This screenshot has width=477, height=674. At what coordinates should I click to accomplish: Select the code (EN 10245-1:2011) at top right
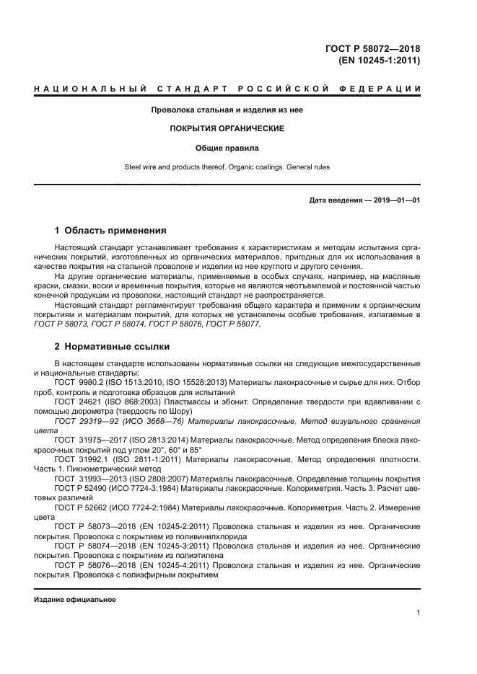click(379, 61)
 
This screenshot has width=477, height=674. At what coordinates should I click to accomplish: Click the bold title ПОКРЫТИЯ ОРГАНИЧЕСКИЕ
click(227, 128)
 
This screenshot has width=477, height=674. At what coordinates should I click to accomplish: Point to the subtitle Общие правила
click(227, 148)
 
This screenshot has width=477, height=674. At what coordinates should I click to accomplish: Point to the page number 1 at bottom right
click(418, 613)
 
